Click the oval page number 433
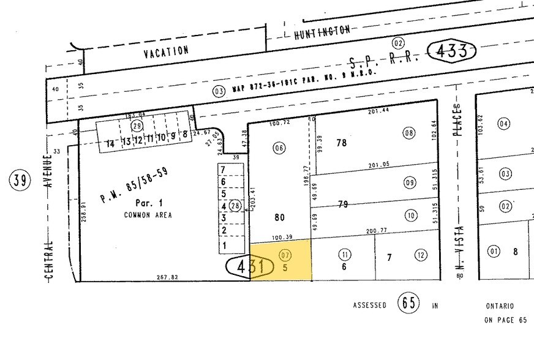click(453, 51)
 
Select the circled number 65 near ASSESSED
click(410, 303)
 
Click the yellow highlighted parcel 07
click(281, 260)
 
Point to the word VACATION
click(166, 51)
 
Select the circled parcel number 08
click(408, 133)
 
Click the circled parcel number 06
click(280, 148)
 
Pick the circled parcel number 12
click(420, 255)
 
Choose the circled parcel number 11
click(345, 255)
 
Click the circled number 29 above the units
click(137, 126)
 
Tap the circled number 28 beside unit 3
click(236, 206)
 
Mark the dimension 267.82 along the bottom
click(167, 277)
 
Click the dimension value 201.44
click(379, 111)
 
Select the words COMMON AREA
click(148, 215)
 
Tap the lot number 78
click(342, 143)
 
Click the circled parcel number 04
click(504, 124)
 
